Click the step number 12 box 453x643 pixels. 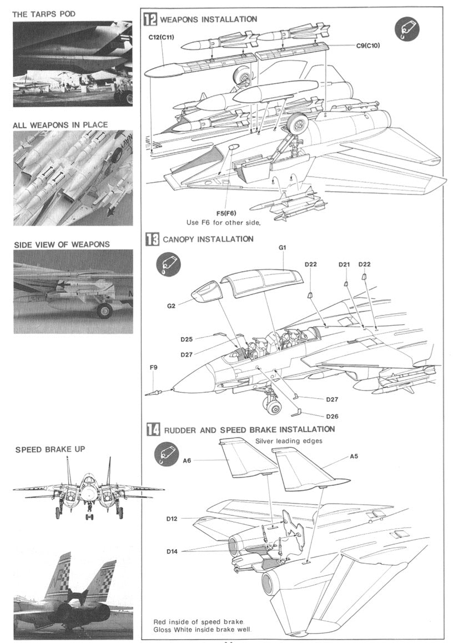point(150,19)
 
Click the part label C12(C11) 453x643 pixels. point(162,37)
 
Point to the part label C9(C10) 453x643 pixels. point(367,46)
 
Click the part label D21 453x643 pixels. point(344,264)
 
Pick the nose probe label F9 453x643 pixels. point(154,367)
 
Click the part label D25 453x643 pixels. point(187,339)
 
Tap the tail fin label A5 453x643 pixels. point(354,456)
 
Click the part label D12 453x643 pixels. point(172,519)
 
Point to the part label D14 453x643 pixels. point(172,551)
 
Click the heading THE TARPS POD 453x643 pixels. point(44,13)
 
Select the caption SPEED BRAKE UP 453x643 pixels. point(50,449)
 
